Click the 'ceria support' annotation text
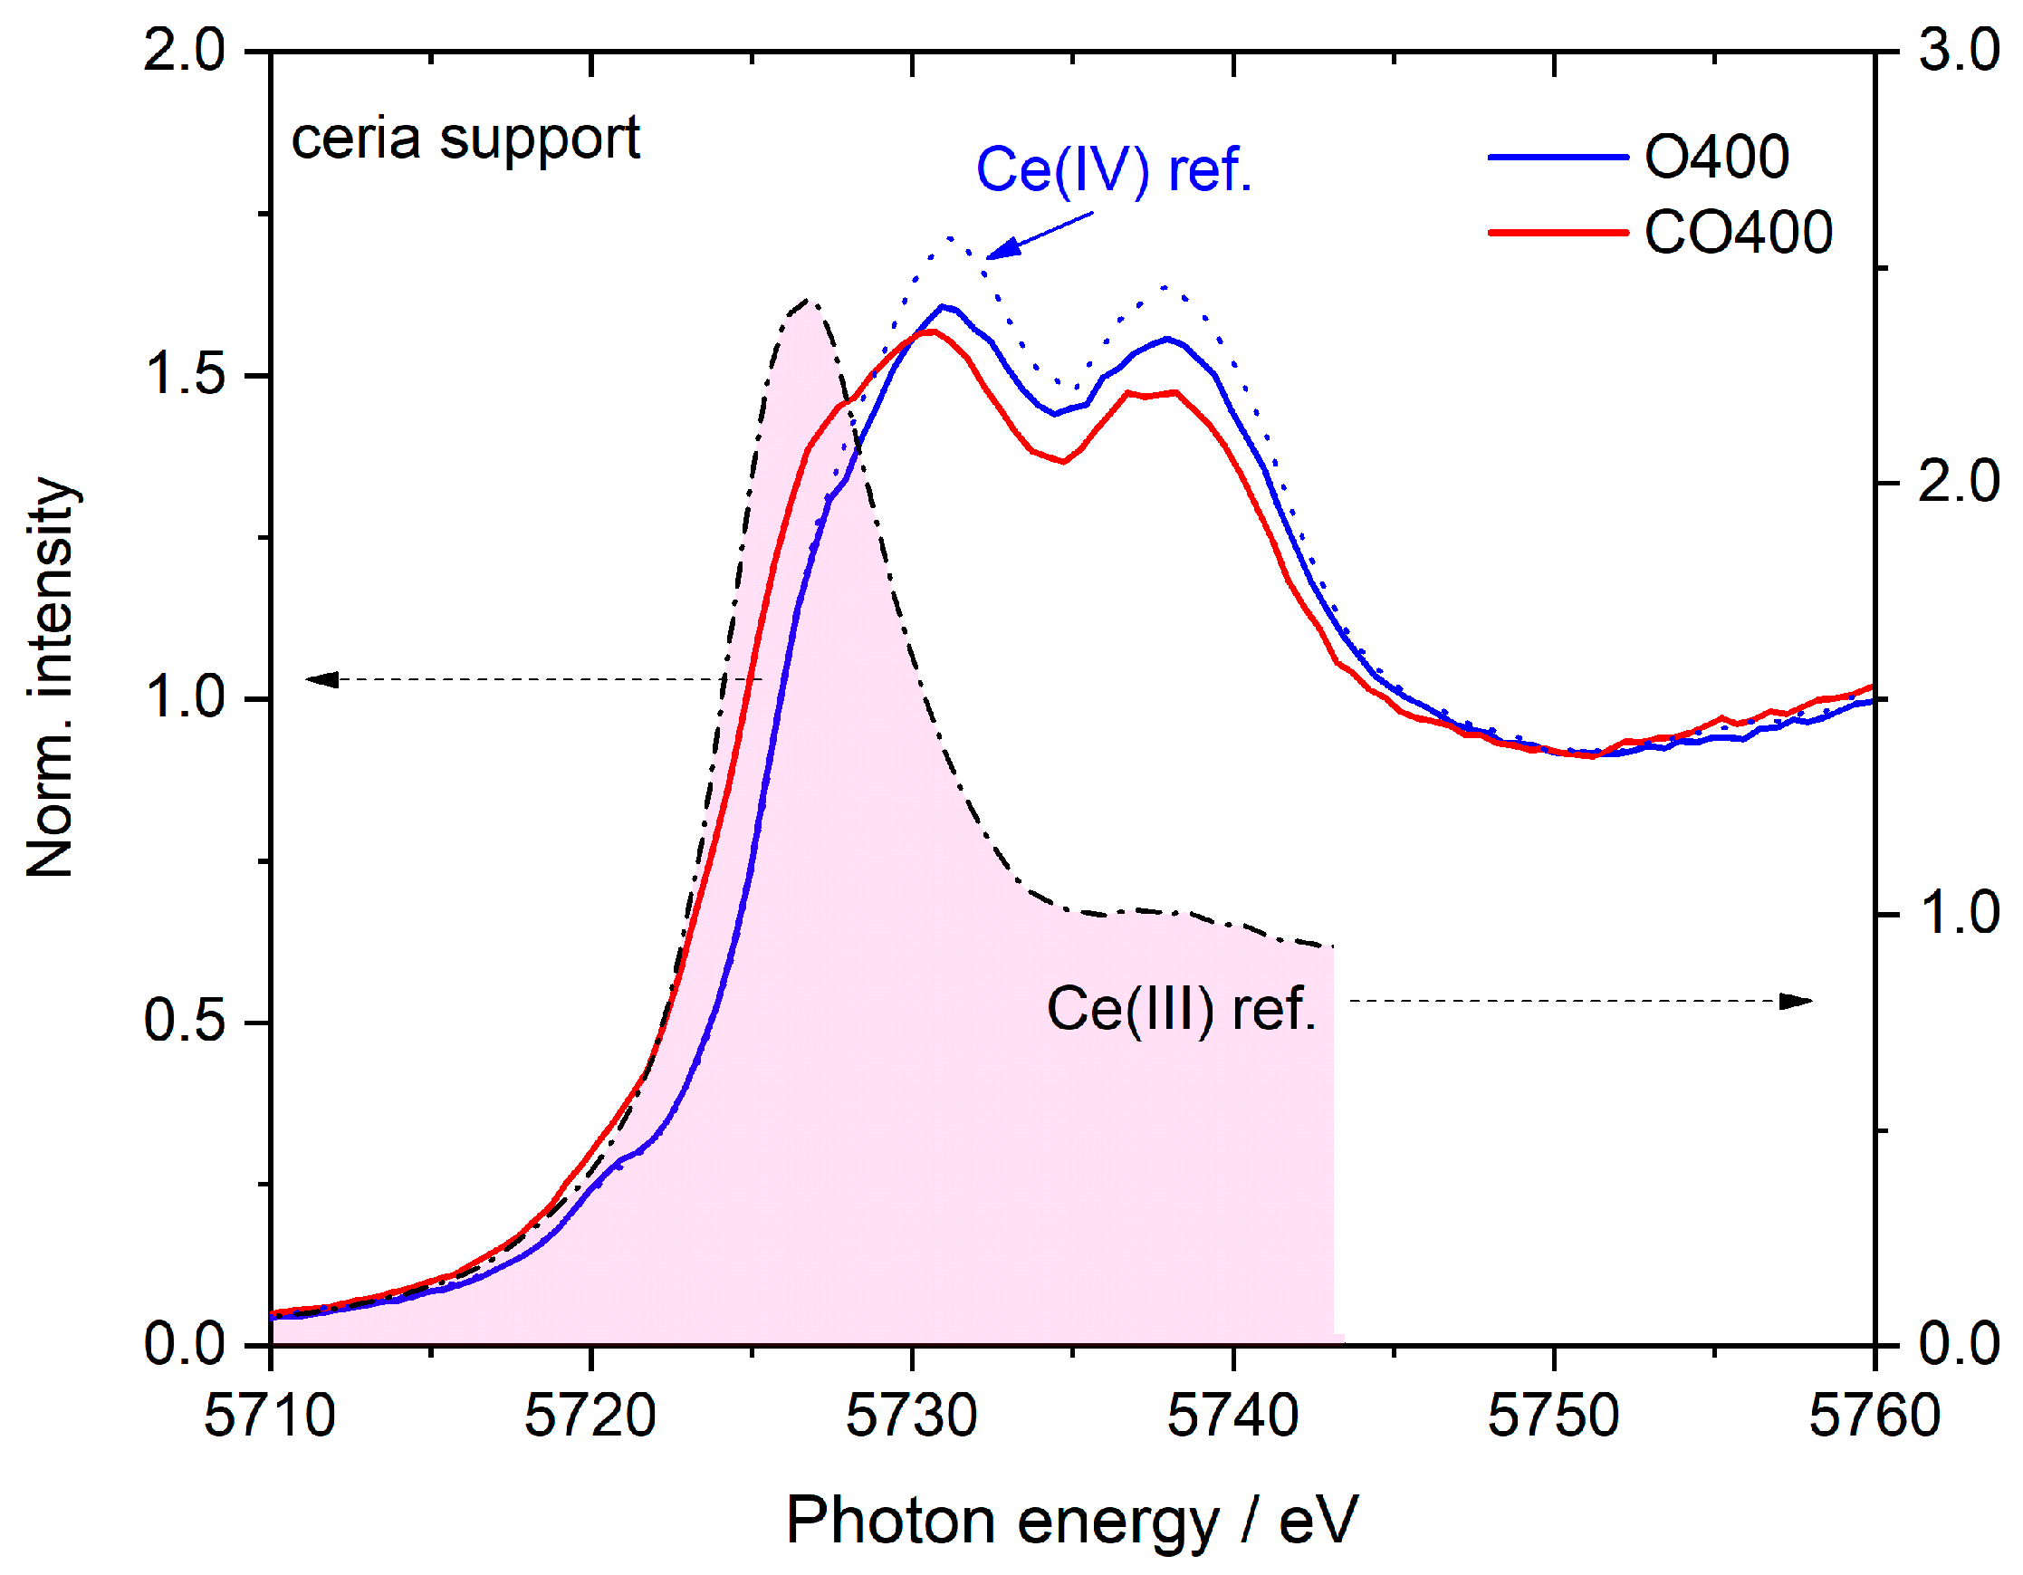tap(465, 139)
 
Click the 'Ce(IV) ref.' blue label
tap(1114, 170)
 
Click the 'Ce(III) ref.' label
tap(1181, 1009)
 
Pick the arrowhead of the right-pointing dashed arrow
tap(1797, 1002)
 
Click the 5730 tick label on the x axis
tap(912, 1417)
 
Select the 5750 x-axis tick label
tap(1553, 1417)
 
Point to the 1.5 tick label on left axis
tap(185, 374)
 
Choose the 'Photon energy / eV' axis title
tap(1071, 1522)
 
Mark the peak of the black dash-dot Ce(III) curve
tap(808, 301)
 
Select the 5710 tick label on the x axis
tap(270, 1417)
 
